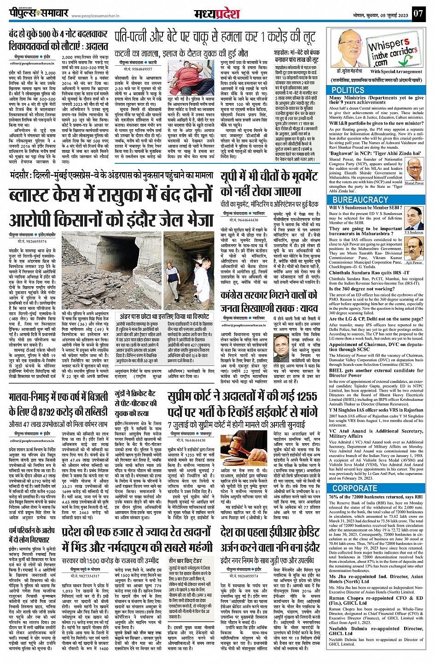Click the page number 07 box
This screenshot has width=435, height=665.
point(418,13)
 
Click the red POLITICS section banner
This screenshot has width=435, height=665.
point(348,90)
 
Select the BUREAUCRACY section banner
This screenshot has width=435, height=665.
point(360,200)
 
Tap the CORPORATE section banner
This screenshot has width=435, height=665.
point(354,488)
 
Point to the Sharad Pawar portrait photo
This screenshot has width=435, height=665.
point(414,169)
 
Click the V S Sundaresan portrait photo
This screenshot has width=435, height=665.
point(414,218)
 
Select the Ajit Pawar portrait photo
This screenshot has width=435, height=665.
point(414,249)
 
